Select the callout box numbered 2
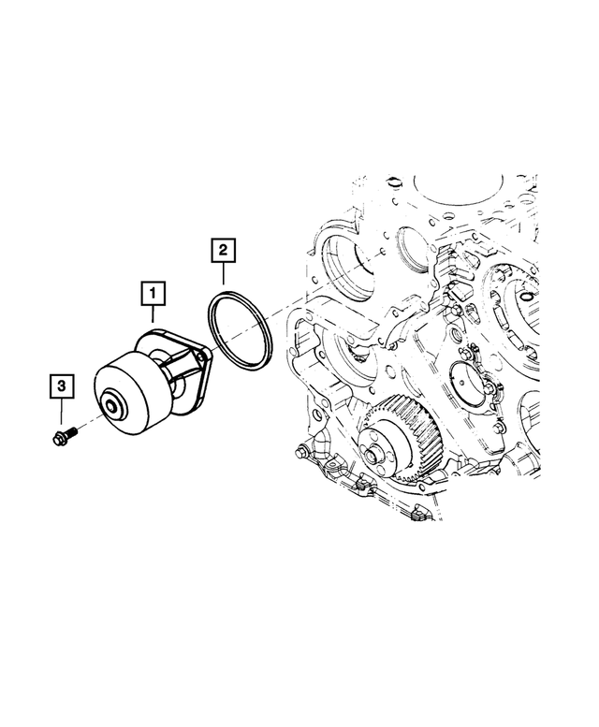pyautogui.click(x=224, y=250)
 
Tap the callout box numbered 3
pyautogui.click(x=62, y=385)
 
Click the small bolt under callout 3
pyautogui.click(x=64, y=435)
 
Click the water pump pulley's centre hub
pyautogui.click(x=113, y=408)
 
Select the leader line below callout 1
pyautogui.click(x=153, y=316)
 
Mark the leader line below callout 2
pyautogui.click(x=224, y=274)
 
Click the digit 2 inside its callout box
pyautogui.click(x=224, y=250)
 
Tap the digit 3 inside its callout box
pyautogui.click(x=62, y=385)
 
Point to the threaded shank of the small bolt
pyautogui.click(x=72, y=433)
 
